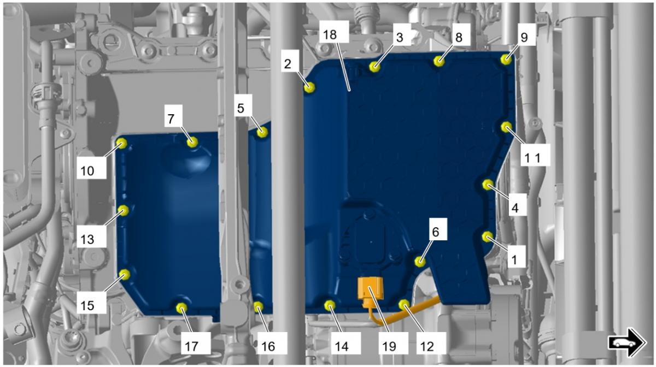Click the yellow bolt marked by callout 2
tap(309, 87)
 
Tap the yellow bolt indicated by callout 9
tap(506, 60)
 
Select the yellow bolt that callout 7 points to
tap(192, 142)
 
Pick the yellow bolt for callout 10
tap(121, 144)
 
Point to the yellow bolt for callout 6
tap(420, 261)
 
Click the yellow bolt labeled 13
tap(124, 210)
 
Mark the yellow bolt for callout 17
tap(181, 308)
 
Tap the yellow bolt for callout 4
tap(488, 185)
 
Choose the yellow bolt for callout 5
tap(262, 132)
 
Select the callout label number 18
tap(330, 35)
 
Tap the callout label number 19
tap(389, 346)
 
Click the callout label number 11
tap(532, 158)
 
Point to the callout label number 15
tap(87, 305)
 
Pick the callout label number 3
tap(400, 37)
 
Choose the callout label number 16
tap(268, 346)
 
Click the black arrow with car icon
tap(627, 343)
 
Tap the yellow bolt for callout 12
tap(404, 305)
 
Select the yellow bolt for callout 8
tap(439, 61)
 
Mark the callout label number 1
tap(514, 259)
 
